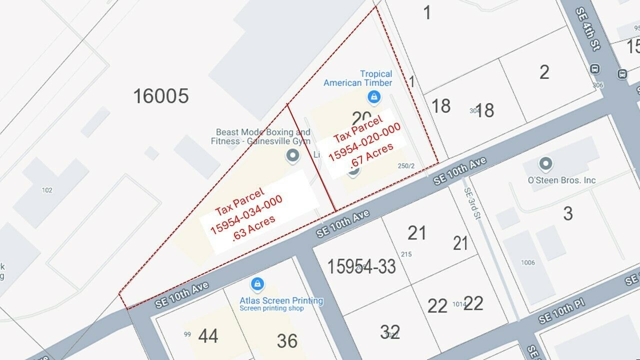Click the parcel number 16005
tap(160, 95)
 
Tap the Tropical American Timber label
tap(357, 78)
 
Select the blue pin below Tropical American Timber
tap(372, 95)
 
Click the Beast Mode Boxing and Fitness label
tap(262, 136)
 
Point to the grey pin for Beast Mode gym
tap(292, 155)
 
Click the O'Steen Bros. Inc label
tap(561, 180)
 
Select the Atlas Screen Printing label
tap(281, 300)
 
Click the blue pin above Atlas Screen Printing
tap(257, 284)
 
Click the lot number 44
tap(208, 336)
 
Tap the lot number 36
tap(287, 341)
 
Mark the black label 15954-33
tap(361, 266)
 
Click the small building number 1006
tap(527, 262)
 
